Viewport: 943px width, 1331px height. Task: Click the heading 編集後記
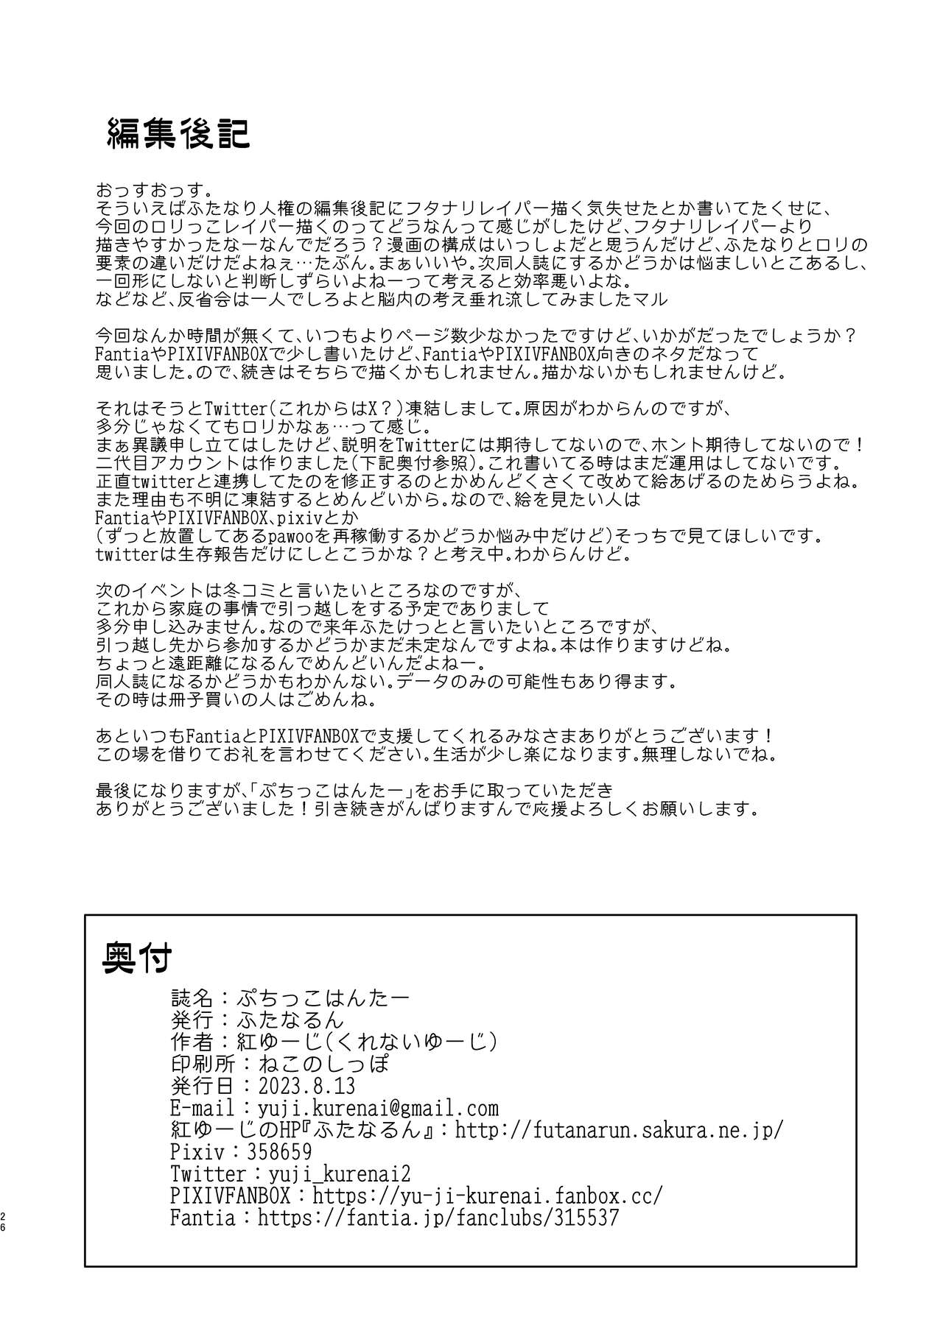click(x=179, y=133)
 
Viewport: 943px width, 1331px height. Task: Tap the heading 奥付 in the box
click(x=138, y=957)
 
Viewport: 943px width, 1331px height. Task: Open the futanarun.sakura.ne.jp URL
click(x=619, y=1130)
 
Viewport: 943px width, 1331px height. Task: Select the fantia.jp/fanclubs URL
click(x=438, y=1218)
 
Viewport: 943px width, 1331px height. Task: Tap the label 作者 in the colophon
click(x=191, y=1042)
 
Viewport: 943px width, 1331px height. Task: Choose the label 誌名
click(x=191, y=998)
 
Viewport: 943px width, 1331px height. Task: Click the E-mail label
click(x=202, y=1108)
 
